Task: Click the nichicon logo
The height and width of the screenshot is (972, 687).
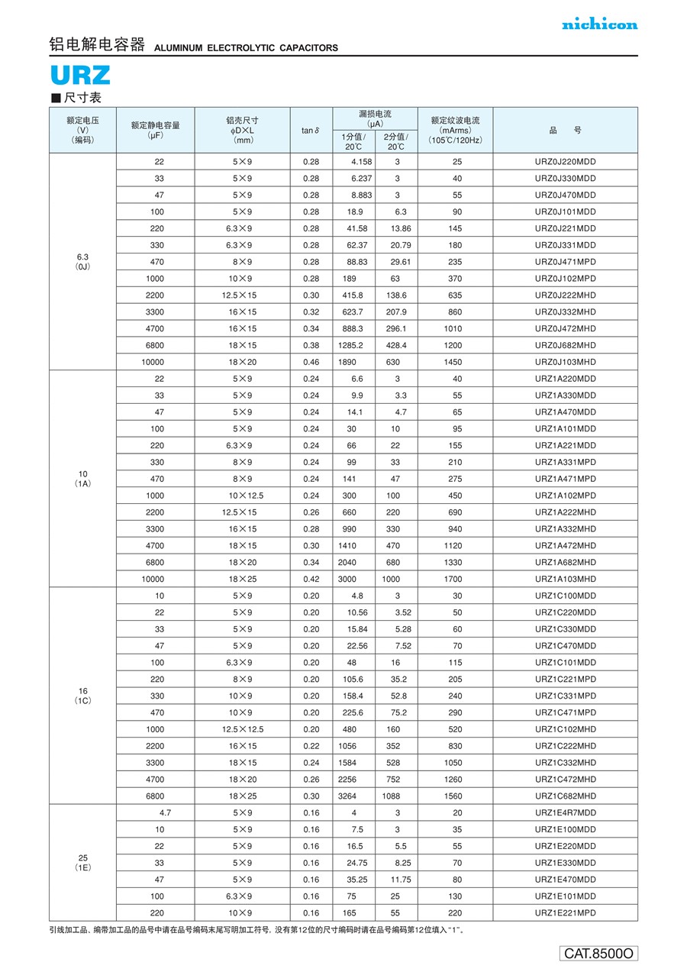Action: (599, 24)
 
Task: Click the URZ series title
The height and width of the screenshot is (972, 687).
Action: (80, 76)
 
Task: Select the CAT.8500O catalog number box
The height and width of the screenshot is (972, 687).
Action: (599, 953)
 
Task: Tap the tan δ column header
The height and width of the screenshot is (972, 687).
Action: (310, 131)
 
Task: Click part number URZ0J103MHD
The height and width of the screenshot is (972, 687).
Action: (565, 362)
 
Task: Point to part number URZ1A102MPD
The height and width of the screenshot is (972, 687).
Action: (565, 496)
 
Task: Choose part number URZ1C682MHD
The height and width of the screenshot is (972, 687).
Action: (565, 796)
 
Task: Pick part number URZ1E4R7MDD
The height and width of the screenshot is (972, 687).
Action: (565, 813)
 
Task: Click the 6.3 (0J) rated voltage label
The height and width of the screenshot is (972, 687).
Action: (82, 261)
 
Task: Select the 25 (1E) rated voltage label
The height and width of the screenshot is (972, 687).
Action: (82, 863)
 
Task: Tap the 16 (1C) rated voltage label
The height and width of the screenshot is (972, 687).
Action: (82, 696)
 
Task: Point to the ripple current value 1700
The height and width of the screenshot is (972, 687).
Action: (453, 580)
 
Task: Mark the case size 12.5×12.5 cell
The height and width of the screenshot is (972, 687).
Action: (244, 729)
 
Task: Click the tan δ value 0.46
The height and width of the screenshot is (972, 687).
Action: (311, 362)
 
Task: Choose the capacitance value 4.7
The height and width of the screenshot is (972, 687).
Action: (165, 813)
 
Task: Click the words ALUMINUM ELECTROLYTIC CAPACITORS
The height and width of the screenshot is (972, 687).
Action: (246, 48)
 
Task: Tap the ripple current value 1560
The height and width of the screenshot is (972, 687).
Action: (453, 796)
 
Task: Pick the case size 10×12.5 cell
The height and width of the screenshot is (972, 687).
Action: (244, 496)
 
